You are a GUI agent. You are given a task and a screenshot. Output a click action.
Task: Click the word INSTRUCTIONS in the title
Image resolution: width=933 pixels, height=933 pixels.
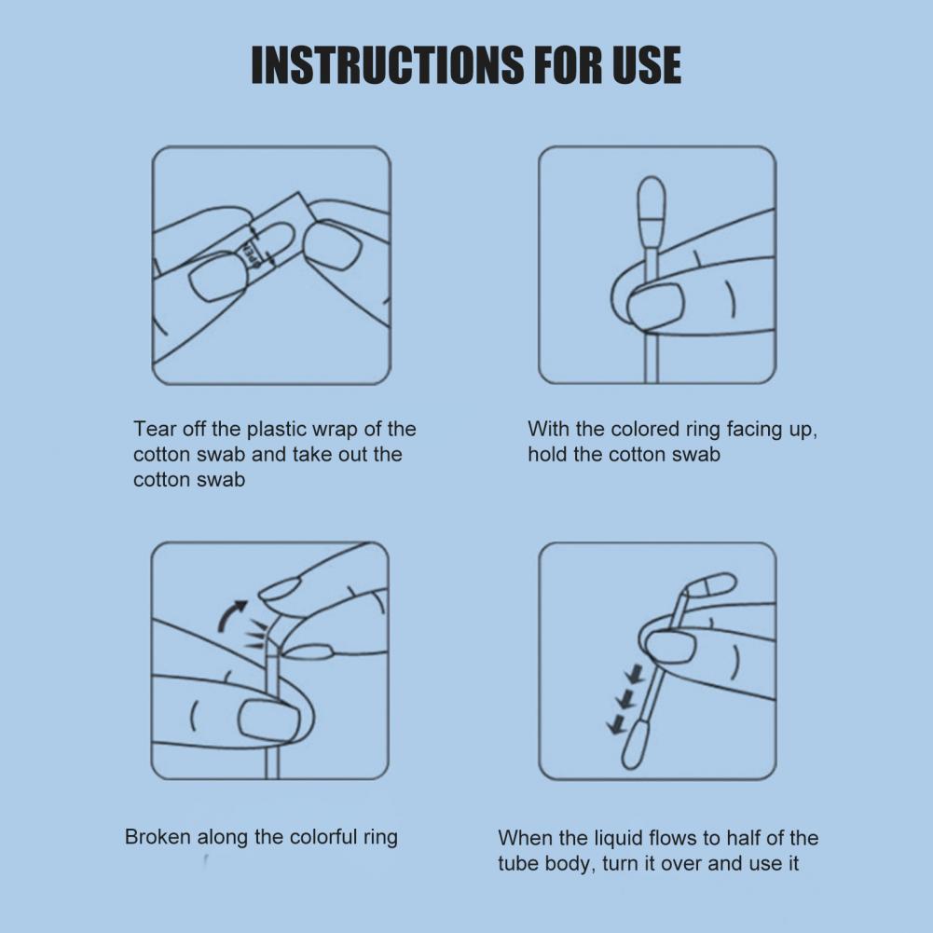pos(388,64)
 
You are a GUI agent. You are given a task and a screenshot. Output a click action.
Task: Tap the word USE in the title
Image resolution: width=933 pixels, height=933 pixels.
pos(646,64)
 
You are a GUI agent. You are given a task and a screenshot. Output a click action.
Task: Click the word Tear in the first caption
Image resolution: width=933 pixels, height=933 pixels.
pos(153,429)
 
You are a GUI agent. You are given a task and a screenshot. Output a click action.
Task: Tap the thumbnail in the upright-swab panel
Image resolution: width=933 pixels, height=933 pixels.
pos(655,305)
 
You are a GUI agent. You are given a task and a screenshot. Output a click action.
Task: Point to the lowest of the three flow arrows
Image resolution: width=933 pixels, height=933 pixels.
pos(616,723)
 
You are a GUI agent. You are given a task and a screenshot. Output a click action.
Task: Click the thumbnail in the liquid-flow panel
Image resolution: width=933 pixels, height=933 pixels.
pos(670,648)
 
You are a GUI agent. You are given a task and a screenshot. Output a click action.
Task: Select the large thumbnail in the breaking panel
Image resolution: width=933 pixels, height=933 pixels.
pos(268,720)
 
